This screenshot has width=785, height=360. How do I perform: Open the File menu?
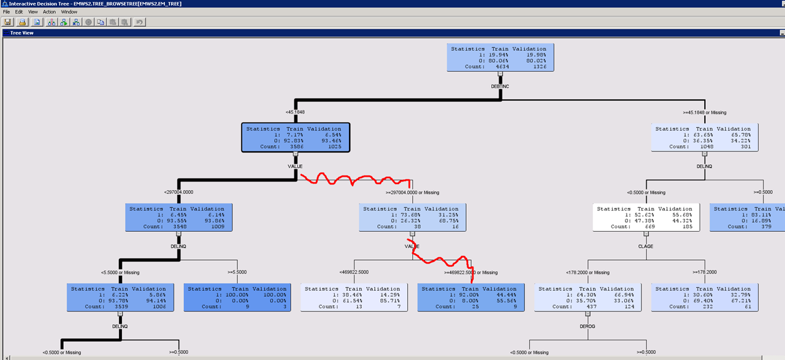pyautogui.click(x=7, y=12)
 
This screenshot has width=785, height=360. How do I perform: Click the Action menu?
pyautogui.click(x=49, y=12)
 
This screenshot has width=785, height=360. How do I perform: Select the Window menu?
pyautogui.click(x=69, y=12)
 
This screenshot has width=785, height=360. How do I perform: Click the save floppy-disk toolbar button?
pyautogui.click(x=8, y=22)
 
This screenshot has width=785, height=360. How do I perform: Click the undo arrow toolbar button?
pyautogui.click(x=140, y=22)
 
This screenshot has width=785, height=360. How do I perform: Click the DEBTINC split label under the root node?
pyautogui.click(x=500, y=86)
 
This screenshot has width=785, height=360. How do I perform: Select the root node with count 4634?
pyautogui.click(x=500, y=56)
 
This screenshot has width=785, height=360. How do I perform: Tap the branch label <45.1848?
pyautogui.click(x=295, y=112)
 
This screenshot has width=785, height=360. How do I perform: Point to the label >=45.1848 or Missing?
pyautogui.click(x=705, y=112)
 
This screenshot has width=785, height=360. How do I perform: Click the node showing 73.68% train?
pyautogui.click(x=412, y=217)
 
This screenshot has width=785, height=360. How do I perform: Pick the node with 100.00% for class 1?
pyautogui.click(x=237, y=297)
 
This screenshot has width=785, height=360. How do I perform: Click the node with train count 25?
pyautogui.click(x=471, y=297)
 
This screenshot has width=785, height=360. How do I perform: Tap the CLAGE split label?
pyautogui.click(x=646, y=247)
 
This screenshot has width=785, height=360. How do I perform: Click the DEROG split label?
pyautogui.click(x=587, y=326)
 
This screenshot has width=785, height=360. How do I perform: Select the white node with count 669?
pyautogui.click(x=646, y=217)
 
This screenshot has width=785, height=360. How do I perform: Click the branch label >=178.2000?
pyautogui.click(x=705, y=272)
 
